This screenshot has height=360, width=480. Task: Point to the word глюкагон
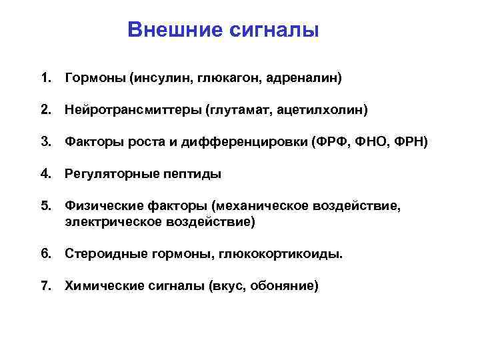[229, 79]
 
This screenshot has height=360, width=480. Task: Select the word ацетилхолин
[321, 108]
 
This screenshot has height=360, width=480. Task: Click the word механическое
[266, 207]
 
